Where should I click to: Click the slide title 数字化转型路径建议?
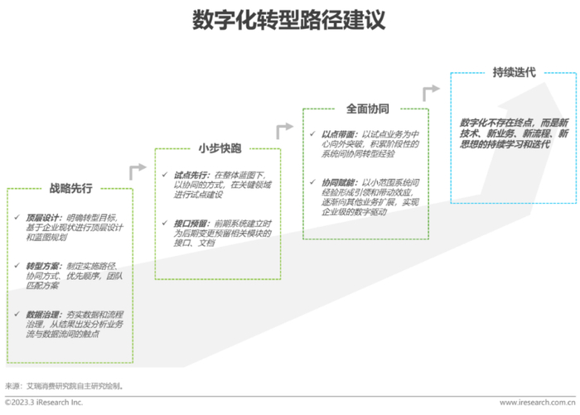tap(288, 20)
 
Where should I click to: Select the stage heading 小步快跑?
tap(219, 149)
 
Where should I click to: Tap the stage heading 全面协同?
tap(367, 109)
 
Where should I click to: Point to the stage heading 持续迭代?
tap(514, 72)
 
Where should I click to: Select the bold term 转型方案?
tap(38, 264)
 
